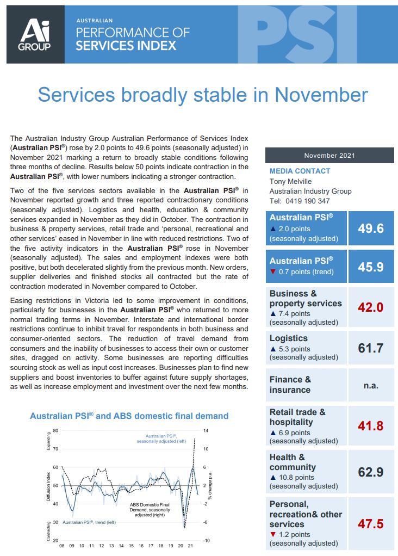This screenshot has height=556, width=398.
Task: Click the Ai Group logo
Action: tap(35, 34)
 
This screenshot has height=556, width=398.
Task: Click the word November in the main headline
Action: tap(321, 95)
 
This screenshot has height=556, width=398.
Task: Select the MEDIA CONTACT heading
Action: tap(300, 171)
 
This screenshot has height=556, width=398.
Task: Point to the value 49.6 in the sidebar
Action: tap(371, 228)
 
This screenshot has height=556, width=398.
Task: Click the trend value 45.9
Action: tap(371, 267)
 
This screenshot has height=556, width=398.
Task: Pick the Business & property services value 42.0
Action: tap(371, 307)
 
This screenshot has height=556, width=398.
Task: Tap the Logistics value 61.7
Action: tap(371, 348)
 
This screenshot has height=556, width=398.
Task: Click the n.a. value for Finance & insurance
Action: tap(371, 385)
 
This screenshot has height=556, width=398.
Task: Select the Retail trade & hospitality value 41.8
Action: tap(371, 425)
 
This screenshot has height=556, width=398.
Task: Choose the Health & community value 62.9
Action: tap(371, 472)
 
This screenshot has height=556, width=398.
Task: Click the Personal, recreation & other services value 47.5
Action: tap(371, 524)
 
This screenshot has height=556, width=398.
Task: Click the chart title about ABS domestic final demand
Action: tap(129, 416)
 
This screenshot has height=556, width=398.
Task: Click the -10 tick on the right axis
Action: tap(207, 540)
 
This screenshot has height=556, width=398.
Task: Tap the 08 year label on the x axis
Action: tap(61, 546)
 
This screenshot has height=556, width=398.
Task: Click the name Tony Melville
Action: tap(291, 181)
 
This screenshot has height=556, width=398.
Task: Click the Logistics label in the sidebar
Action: tap(289, 338)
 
